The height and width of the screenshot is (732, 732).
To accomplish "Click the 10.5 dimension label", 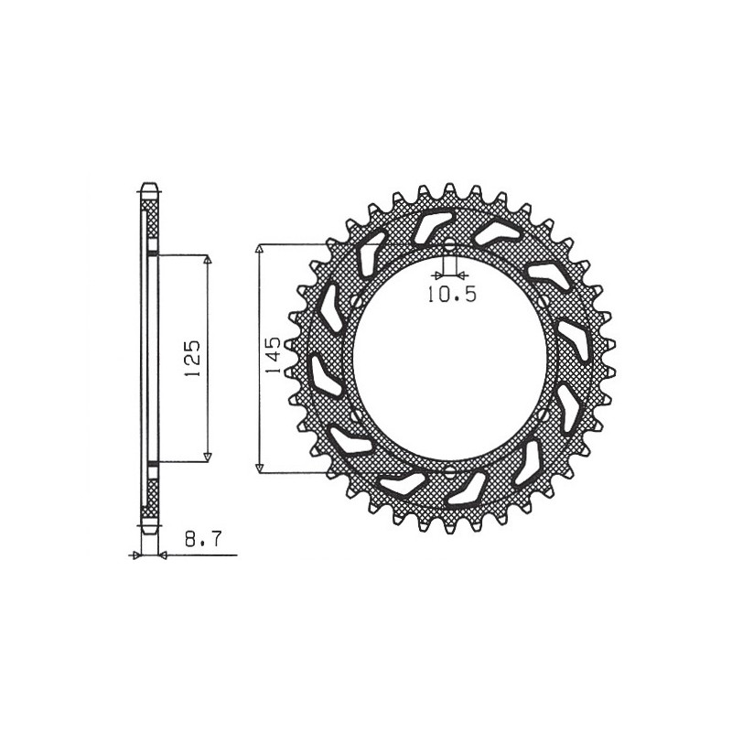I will click(448, 294).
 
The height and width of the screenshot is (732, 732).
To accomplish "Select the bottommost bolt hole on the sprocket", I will click(449, 471).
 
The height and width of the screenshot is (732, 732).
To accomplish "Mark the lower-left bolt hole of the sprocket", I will click(354, 415).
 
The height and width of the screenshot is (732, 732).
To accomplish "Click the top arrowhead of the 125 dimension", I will click(207, 260).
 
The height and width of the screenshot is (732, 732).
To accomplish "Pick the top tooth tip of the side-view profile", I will click(149, 187).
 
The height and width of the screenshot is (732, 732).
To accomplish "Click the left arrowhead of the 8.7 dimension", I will click(137, 554).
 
